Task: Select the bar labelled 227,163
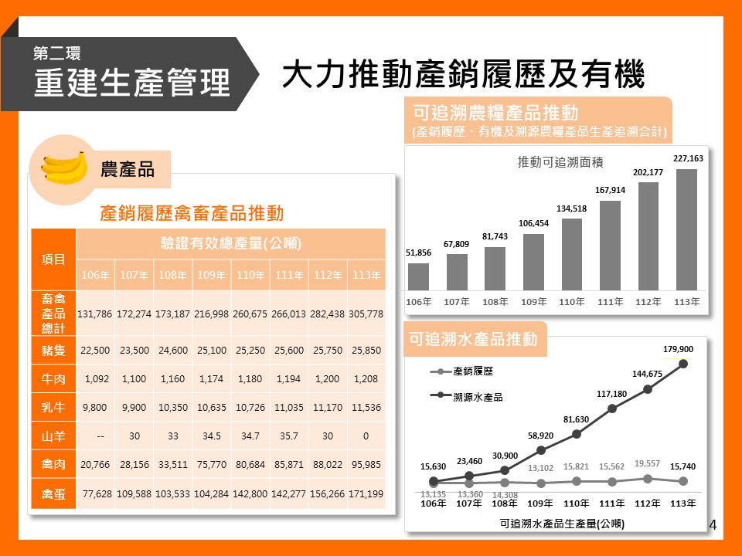point(686,229)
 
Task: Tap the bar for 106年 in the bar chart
point(418,276)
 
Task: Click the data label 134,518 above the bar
point(571,208)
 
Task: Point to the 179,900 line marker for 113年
point(682,364)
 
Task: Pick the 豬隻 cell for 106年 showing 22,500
point(95,351)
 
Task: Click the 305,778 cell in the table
point(366,314)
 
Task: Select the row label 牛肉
point(53,379)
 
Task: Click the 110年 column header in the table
point(250,275)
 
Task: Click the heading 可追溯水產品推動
point(474,339)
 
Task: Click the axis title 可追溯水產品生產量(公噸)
point(562,523)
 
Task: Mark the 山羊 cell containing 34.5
point(212,436)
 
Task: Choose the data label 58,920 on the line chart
point(541,436)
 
